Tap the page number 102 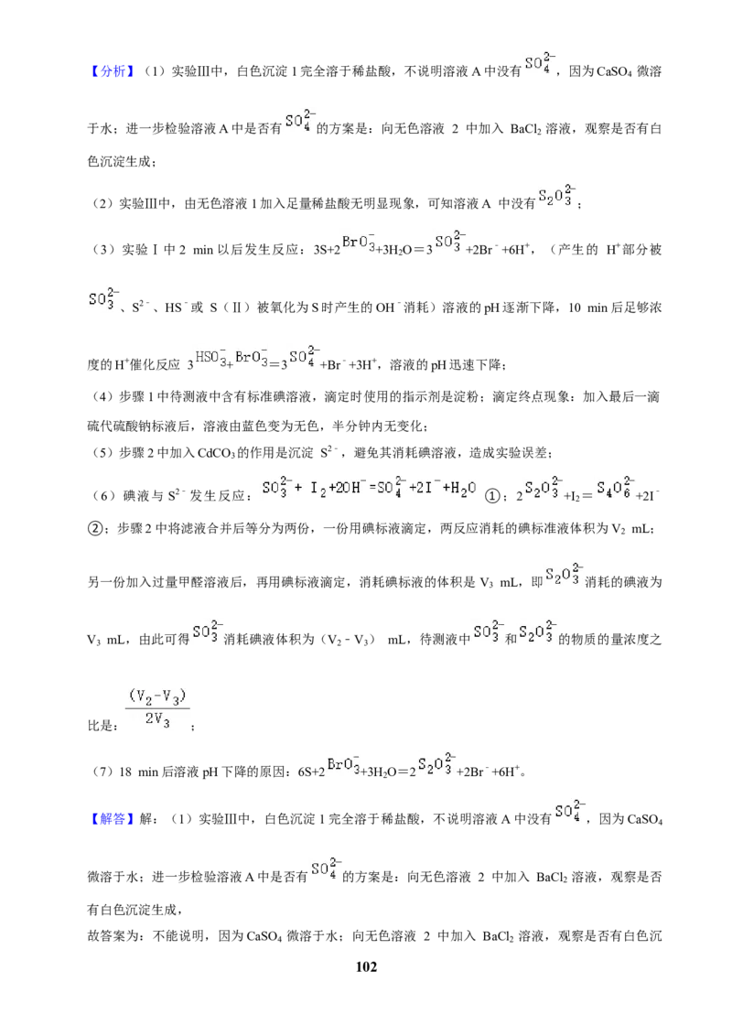pos(366,967)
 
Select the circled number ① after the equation pos(492,495)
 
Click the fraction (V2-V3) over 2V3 pos(158,707)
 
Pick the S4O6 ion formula pos(615,488)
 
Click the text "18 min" pos(138,772)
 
